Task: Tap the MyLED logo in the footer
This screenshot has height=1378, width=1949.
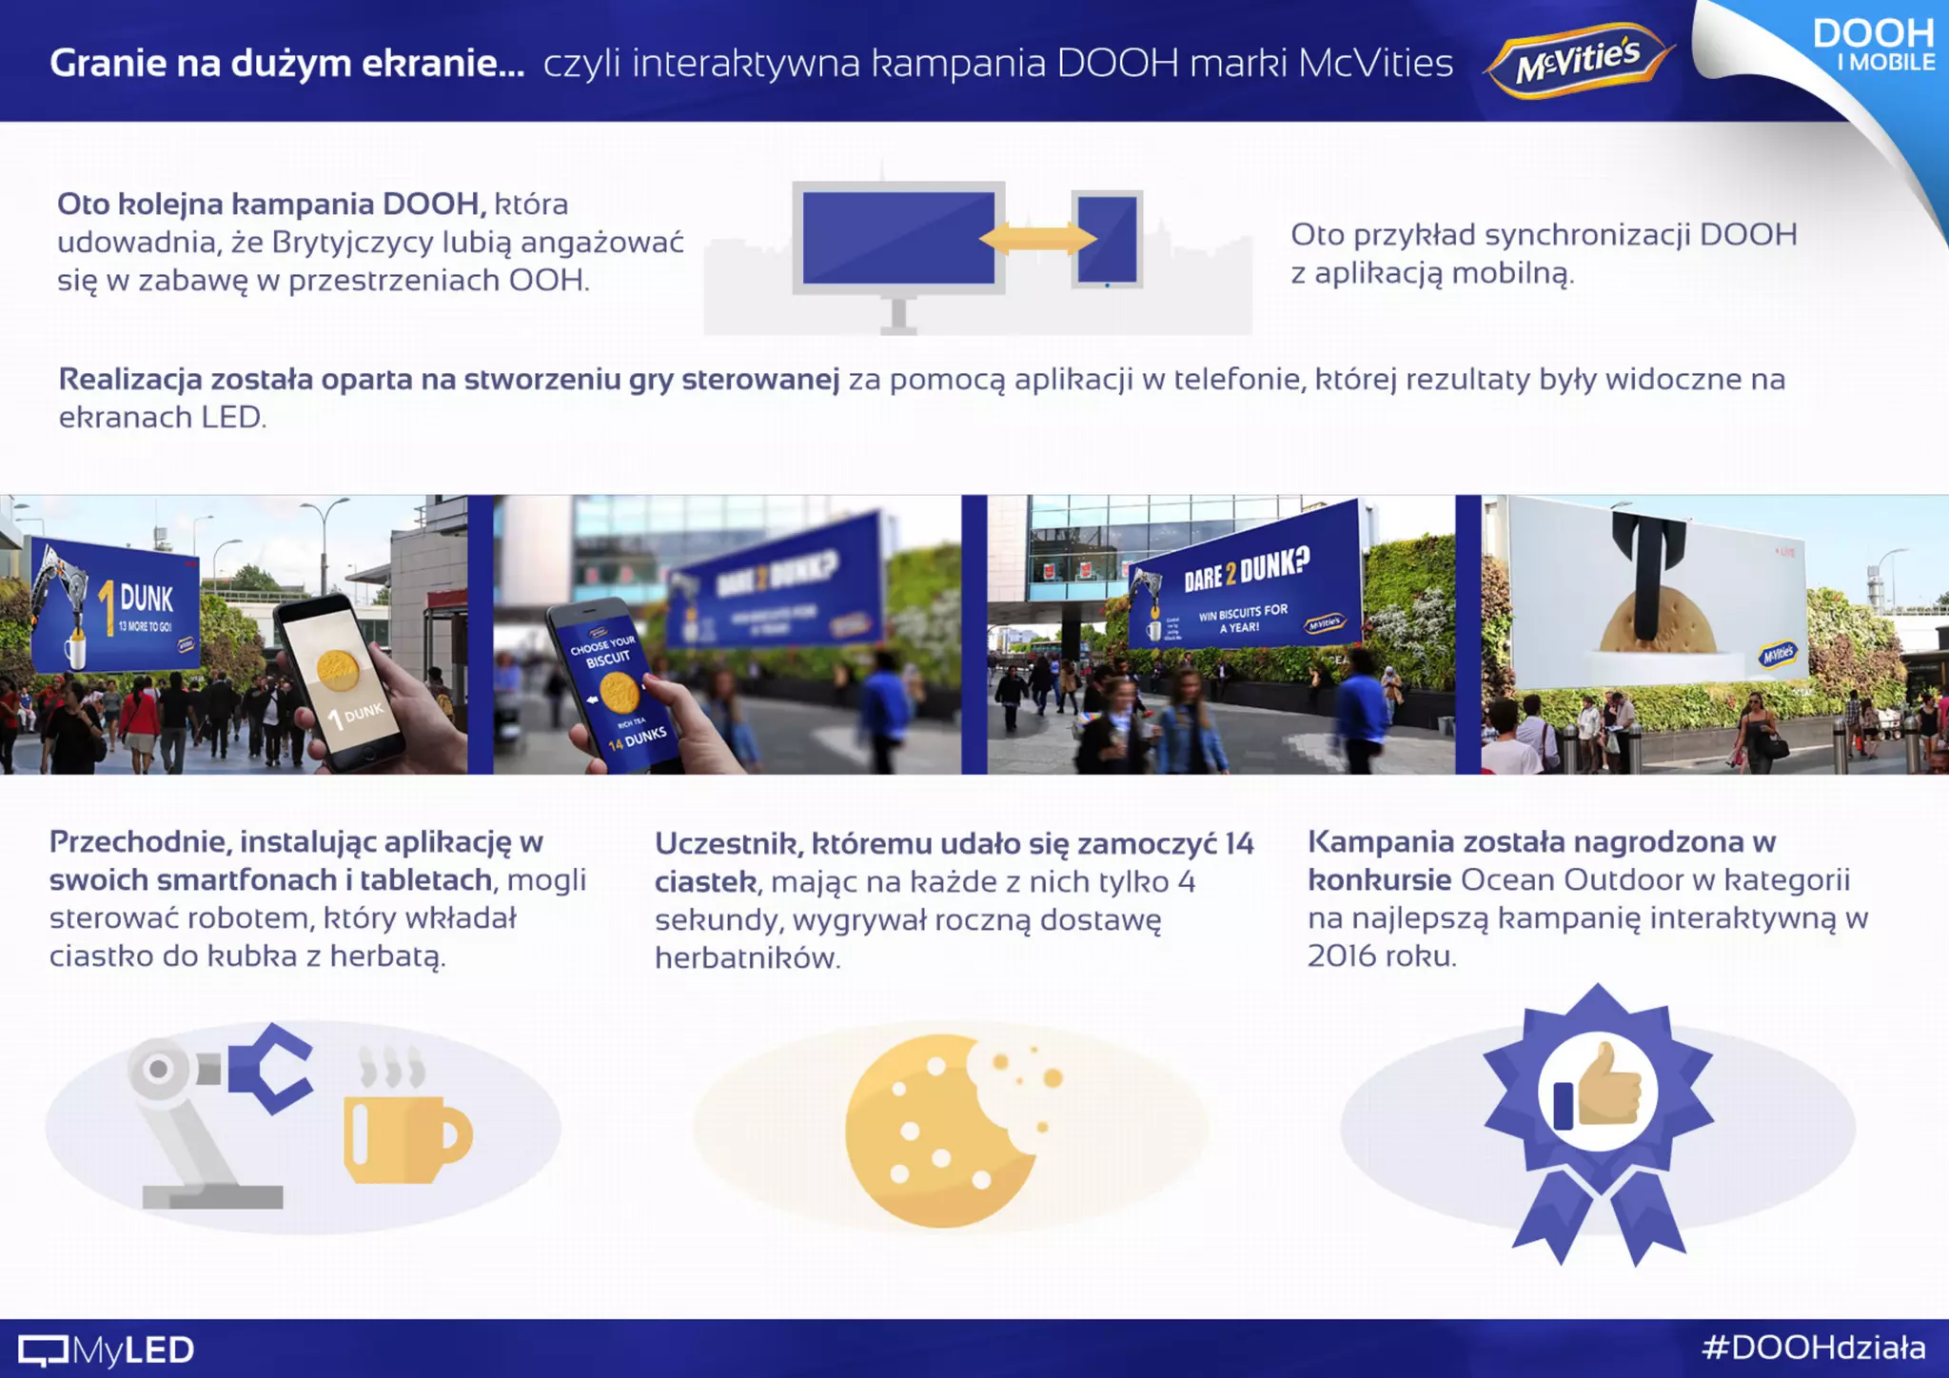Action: pos(107,1349)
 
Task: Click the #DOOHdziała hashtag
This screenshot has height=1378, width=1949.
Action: pos(1814,1348)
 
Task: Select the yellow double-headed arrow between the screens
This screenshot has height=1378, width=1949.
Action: pos(1037,238)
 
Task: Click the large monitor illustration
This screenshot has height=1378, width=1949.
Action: pos(898,238)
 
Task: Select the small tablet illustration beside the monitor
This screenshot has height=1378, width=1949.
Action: pos(1107,239)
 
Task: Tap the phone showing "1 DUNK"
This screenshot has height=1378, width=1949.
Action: pos(338,679)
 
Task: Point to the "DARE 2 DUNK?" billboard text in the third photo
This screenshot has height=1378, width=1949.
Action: pos(1246,569)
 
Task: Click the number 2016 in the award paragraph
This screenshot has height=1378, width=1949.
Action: pos(1341,955)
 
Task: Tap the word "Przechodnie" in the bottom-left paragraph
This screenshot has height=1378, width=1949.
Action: pos(139,842)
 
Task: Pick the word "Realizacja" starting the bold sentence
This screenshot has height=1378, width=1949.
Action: pos(130,380)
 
